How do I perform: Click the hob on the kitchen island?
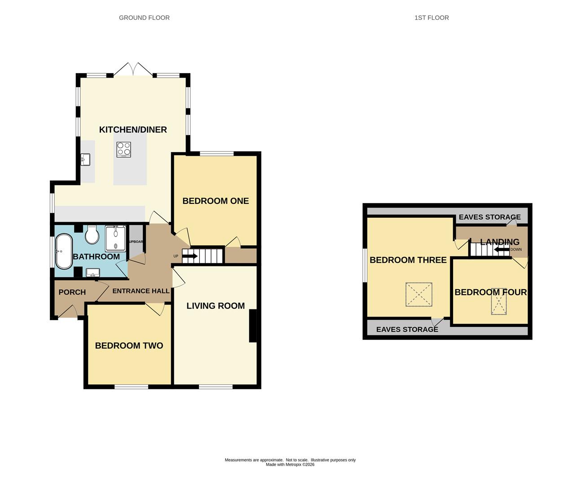[124, 150]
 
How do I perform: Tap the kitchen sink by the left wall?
[85, 159]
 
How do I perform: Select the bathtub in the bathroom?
[64, 251]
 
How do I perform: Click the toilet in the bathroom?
[92, 235]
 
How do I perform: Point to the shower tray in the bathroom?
[115, 238]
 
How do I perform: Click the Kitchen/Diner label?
[133, 130]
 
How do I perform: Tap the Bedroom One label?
[216, 201]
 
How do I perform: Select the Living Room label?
[216, 306]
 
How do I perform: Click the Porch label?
[72, 292]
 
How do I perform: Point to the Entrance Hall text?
[141, 291]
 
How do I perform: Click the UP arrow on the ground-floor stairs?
[190, 256]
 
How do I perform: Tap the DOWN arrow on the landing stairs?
[502, 250]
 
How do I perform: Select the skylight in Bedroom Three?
[419, 295]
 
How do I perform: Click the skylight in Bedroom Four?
[498, 301]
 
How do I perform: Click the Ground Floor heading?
[144, 18]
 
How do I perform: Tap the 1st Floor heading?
[432, 18]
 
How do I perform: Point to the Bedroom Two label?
[129, 346]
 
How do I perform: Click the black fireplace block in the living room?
[253, 326]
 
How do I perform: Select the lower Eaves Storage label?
[407, 330]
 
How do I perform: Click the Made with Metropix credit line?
[290, 465]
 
